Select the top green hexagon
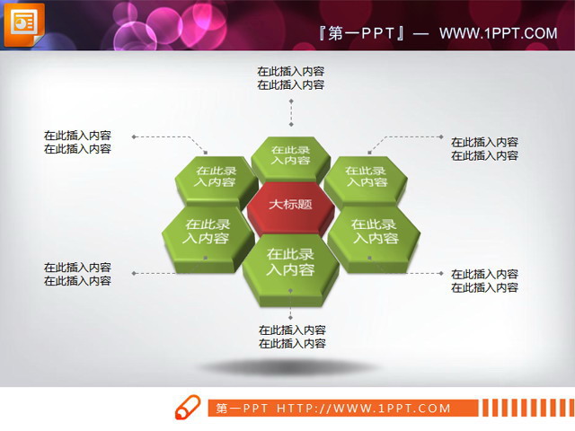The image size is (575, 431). [x=290, y=156]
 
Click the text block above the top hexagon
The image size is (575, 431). [x=290, y=78]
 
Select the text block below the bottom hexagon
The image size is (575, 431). [x=292, y=337]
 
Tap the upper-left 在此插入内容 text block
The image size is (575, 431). [x=77, y=142]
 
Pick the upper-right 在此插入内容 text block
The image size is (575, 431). [x=484, y=148]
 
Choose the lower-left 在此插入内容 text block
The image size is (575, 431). [x=77, y=274]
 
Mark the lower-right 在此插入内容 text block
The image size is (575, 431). [x=484, y=281]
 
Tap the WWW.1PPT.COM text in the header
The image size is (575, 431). [x=499, y=33]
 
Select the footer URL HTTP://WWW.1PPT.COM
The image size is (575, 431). [x=363, y=409]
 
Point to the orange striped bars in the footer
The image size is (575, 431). [x=520, y=409]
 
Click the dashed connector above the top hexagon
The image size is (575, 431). [x=290, y=112]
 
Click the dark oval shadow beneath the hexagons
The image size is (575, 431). [x=288, y=367]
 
